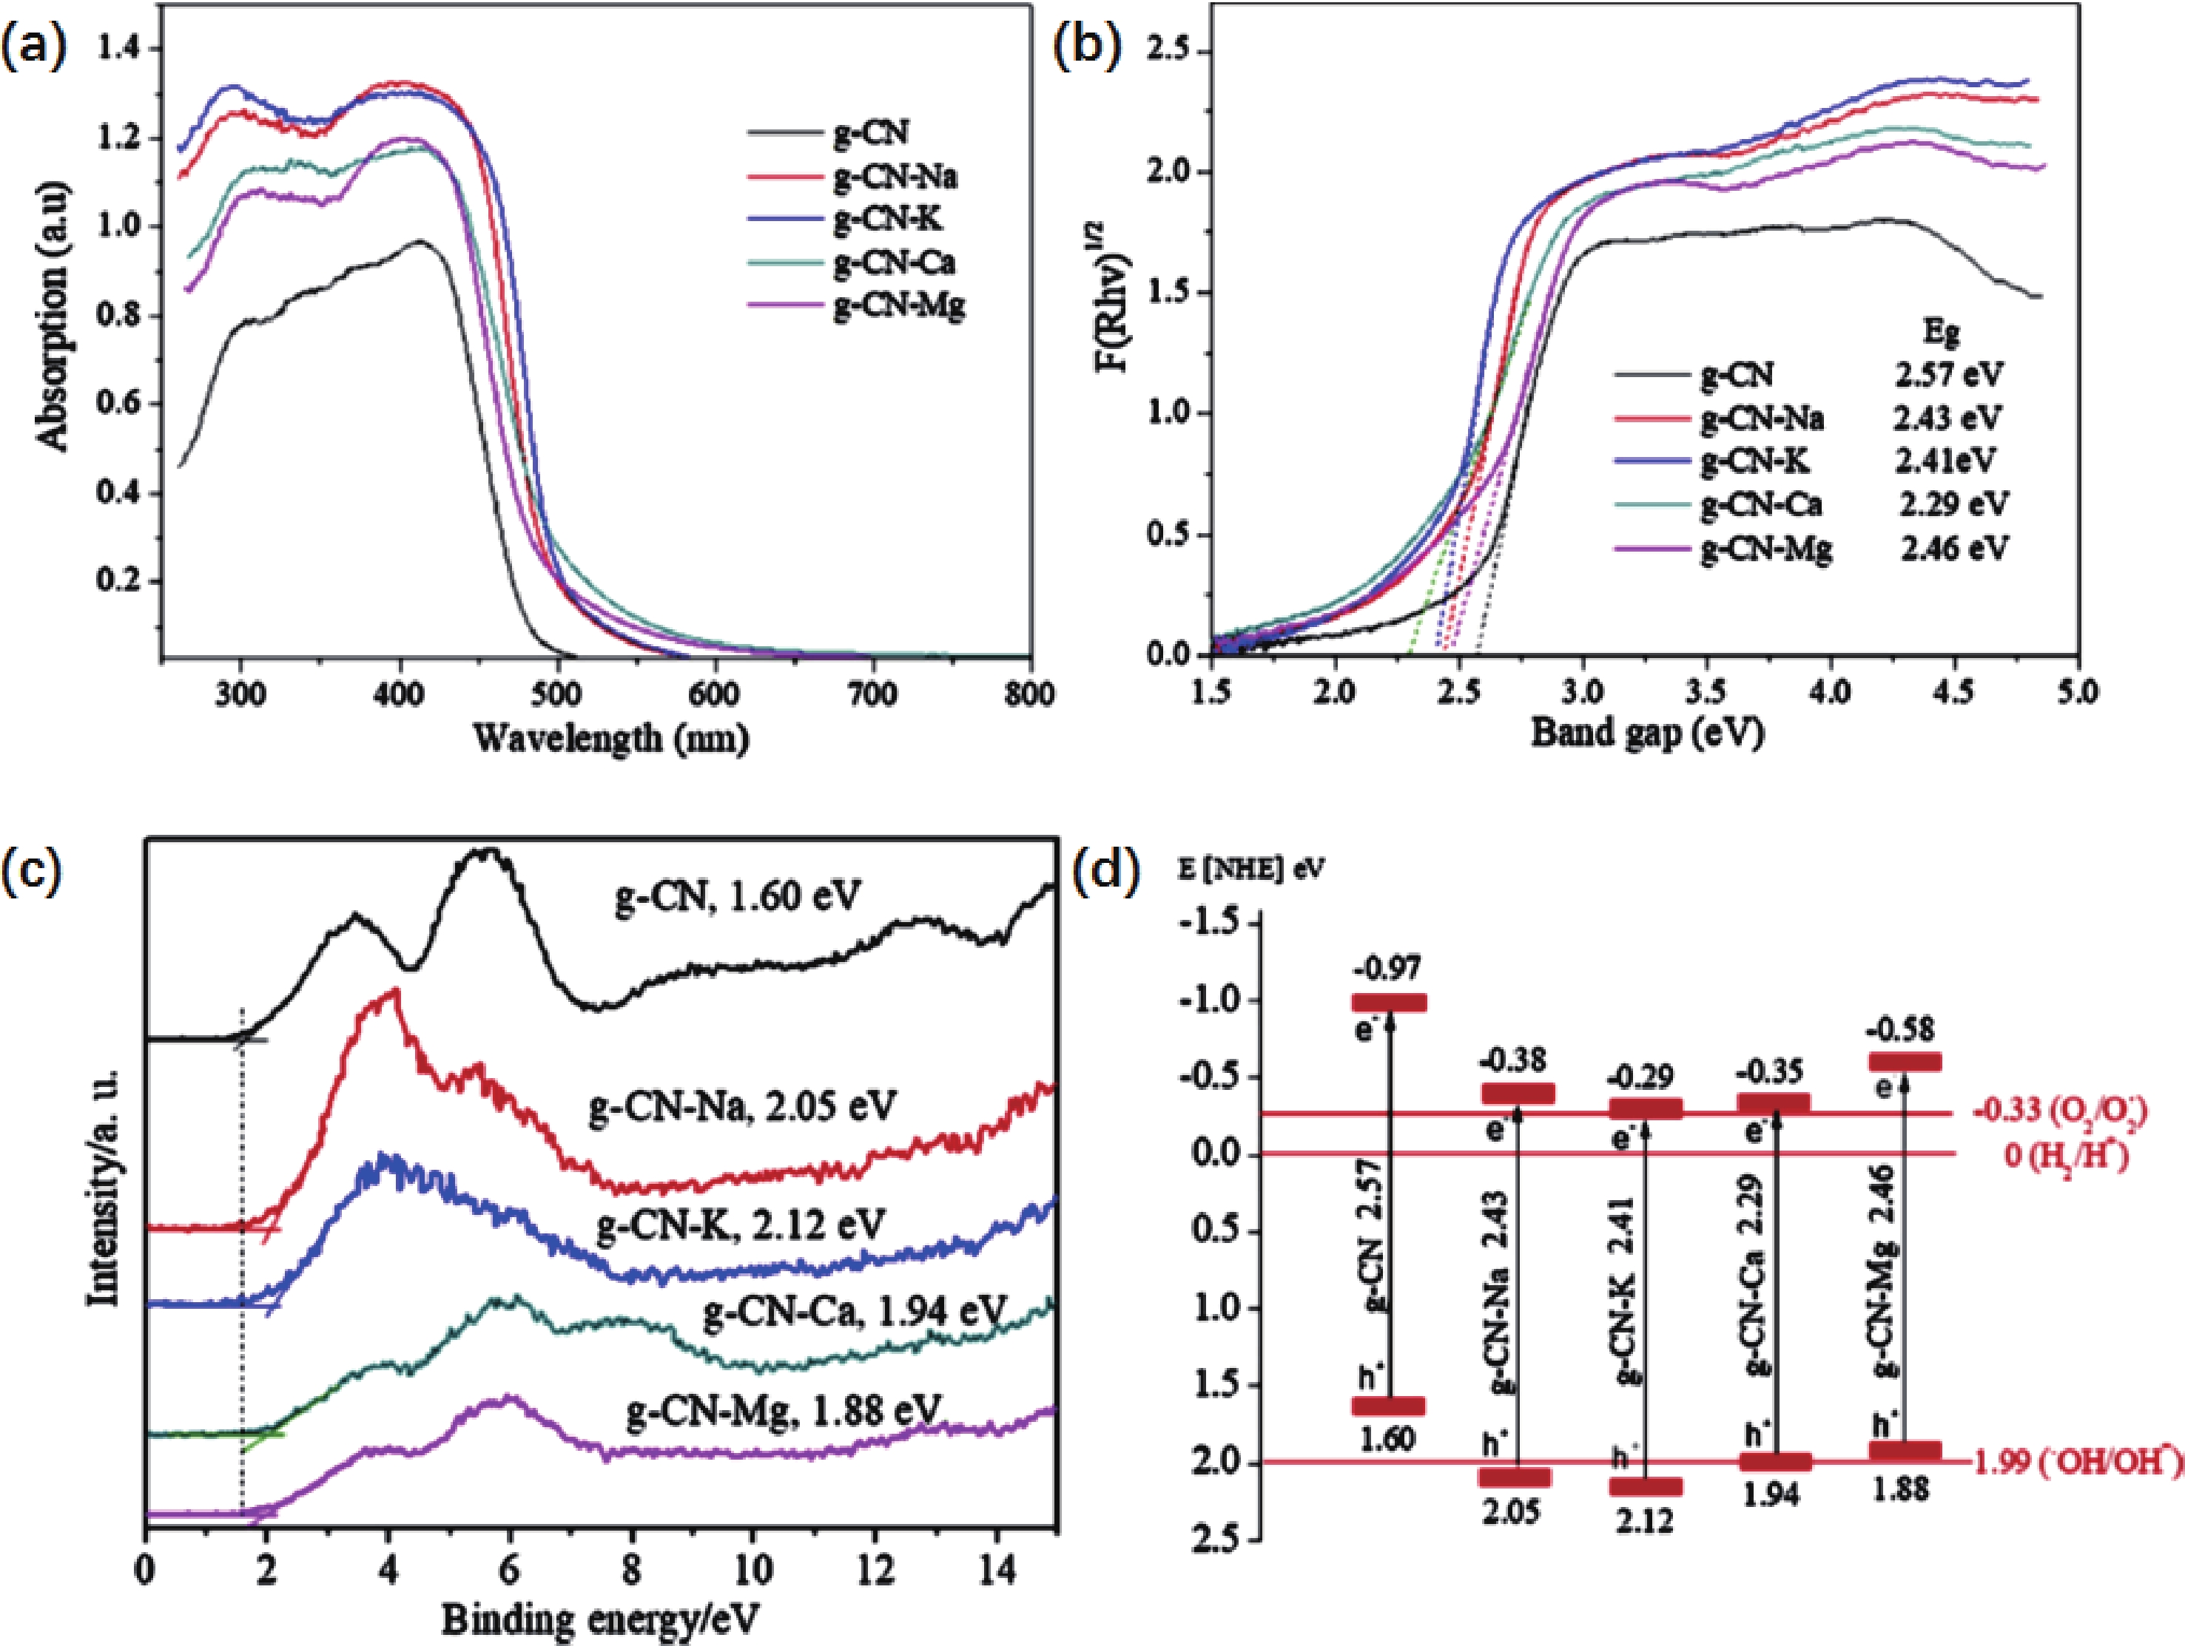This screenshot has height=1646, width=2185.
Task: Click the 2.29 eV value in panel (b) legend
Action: point(1953,504)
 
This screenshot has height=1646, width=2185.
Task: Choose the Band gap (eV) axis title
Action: point(1646,733)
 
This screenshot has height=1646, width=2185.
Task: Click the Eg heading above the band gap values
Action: point(1942,333)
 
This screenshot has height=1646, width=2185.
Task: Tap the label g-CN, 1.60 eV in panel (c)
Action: point(737,895)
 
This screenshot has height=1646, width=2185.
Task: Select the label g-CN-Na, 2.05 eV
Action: point(742,1106)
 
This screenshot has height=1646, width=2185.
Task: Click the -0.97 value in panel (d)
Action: point(1392,969)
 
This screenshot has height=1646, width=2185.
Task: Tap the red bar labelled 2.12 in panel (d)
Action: point(1646,1486)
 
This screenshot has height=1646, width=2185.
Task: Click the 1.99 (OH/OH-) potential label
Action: point(2074,1463)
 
